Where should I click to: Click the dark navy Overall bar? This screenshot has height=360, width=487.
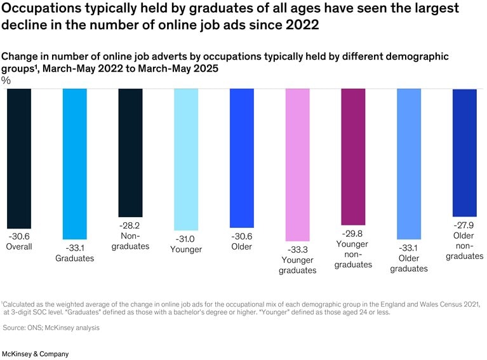point(18,158)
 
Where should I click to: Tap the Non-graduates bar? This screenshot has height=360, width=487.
point(130,153)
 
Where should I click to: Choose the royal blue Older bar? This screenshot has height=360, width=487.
point(242,158)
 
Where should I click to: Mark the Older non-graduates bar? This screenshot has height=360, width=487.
point(464,153)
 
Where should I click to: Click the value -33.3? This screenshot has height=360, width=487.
point(297,249)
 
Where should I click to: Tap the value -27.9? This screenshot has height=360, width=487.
point(464,225)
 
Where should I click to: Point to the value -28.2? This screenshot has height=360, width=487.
point(130,225)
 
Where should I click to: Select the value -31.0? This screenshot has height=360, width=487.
point(186,239)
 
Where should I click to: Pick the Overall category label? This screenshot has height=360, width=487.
point(18,246)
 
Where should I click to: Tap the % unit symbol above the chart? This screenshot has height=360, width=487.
point(6,81)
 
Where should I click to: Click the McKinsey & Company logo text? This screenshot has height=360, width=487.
point(36,354)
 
